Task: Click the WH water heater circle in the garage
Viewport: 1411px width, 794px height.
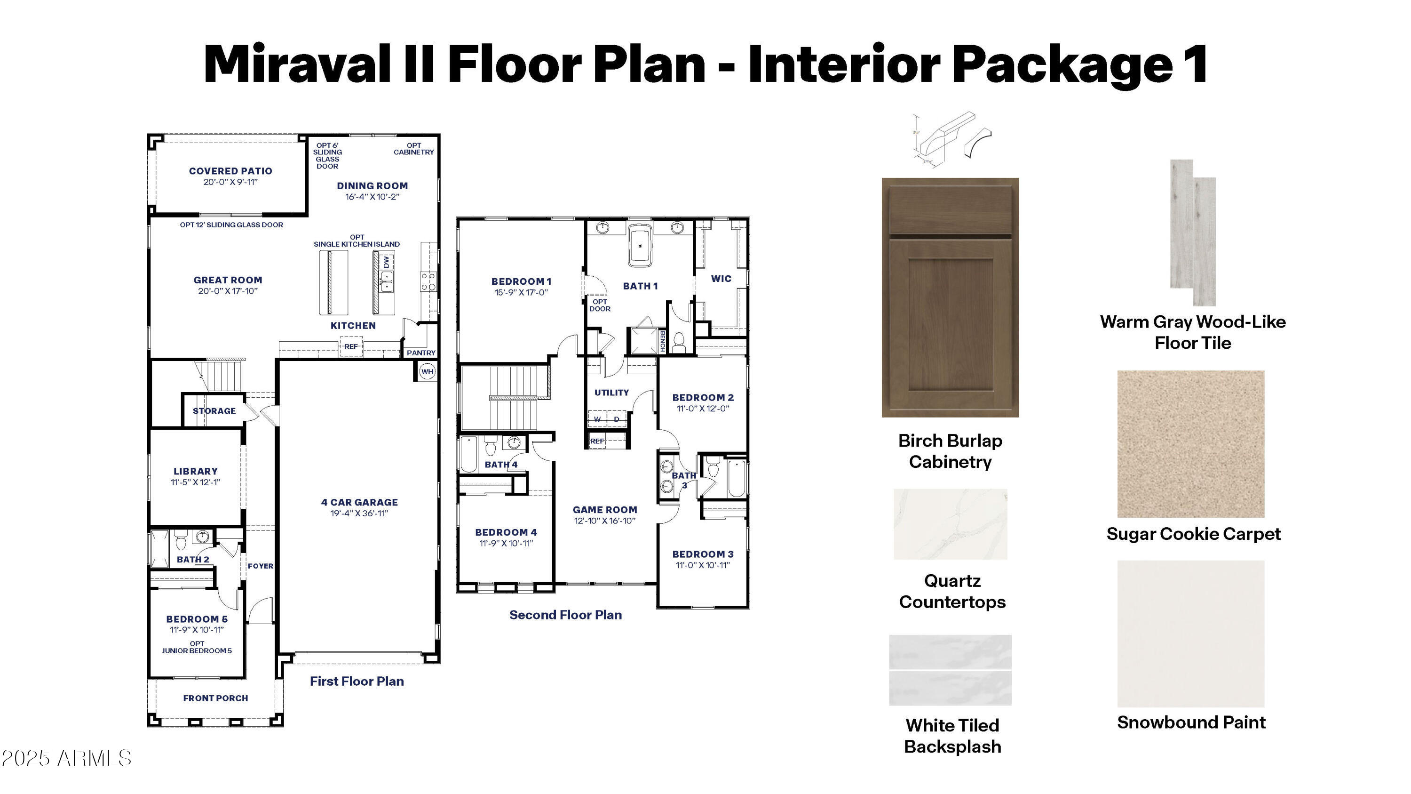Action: (427, 371)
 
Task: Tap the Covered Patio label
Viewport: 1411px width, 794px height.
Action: (230, 171)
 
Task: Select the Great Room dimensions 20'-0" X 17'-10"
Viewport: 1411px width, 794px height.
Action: (228, 291)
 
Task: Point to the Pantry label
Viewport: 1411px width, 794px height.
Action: (420, 353)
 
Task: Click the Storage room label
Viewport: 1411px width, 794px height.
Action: (214, 411)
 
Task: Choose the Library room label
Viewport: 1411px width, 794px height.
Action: (196, 471)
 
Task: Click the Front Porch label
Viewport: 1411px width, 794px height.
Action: (215, 698)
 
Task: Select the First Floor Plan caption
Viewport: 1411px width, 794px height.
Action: (357, 681)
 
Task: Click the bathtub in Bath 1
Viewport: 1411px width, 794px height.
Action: (640, 246)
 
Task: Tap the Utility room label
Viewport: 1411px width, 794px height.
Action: (612, 393)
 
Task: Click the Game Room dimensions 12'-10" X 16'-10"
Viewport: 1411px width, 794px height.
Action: (605, 521)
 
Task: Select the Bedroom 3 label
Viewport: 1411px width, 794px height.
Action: (703, 554)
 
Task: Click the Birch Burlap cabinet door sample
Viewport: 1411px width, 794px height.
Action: (950, 297)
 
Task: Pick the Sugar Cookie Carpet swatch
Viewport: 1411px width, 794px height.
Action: (1191, 444)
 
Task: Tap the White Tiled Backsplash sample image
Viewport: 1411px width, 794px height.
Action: (950, 670)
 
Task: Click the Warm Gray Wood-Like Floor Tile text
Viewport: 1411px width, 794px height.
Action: (1192, 332)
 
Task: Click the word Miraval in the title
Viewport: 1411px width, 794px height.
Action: (298, 64)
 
